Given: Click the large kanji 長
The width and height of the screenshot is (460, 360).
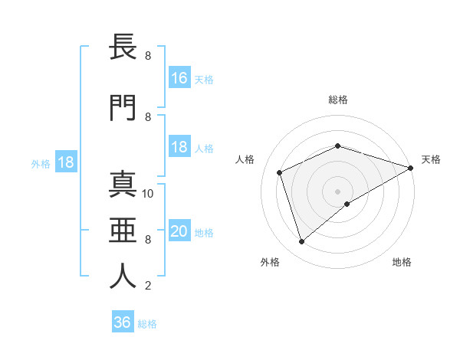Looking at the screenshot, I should point(123,47).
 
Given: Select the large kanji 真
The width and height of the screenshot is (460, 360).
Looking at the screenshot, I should point(123,185).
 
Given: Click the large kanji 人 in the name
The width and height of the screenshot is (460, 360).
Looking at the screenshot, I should point(123,277).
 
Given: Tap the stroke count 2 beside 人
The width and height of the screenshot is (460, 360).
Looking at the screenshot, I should point(148,286).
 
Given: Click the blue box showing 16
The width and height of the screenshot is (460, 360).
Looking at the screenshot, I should point(179,78).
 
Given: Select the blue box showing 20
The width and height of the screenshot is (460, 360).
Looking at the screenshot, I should point(179,232).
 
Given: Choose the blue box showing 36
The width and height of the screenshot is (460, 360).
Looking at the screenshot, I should point(122,322).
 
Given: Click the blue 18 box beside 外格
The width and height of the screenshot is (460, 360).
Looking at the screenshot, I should point(65,162).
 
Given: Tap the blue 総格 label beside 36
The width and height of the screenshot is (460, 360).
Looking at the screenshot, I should point(147,324).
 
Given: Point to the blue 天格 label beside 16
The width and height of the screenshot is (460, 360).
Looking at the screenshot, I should point(204,80).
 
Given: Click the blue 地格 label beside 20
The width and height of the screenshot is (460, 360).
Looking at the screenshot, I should point(204,233).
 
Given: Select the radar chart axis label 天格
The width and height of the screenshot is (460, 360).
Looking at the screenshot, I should point(431,159).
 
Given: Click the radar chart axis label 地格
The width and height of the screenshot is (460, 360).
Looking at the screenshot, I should point(402,262).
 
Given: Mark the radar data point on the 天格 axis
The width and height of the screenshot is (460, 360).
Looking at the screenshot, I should point(410,168).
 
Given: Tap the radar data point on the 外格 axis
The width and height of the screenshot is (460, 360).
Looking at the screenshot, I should point(301,242).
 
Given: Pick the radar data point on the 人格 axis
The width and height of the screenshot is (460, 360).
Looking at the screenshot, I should point(280,172).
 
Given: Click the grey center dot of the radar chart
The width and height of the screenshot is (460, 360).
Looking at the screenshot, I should point(337,191).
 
